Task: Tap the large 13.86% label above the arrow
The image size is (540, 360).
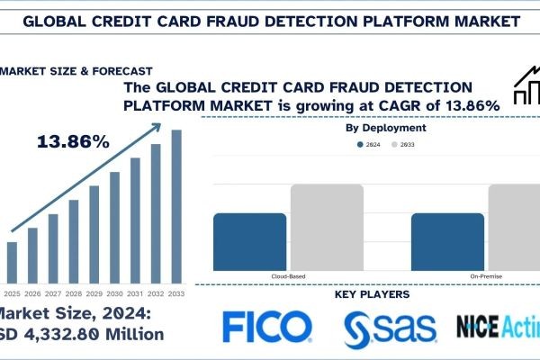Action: point(73,141)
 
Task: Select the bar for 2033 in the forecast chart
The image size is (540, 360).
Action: point(176,206)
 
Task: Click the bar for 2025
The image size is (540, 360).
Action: point(12,262)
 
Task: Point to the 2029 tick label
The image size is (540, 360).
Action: point(94,293)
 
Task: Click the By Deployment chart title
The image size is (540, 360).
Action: point(386,129)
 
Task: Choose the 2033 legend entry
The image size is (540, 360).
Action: point(406,144)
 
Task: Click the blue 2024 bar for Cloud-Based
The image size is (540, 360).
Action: point(249,238)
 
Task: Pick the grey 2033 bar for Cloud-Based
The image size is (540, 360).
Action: point(327,224)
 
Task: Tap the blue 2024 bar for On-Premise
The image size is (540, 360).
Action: point(447,238)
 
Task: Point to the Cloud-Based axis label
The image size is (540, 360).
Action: point(288,275)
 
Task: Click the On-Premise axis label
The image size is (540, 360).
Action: point(486,275)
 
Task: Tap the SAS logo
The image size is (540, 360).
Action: point(389,329)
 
